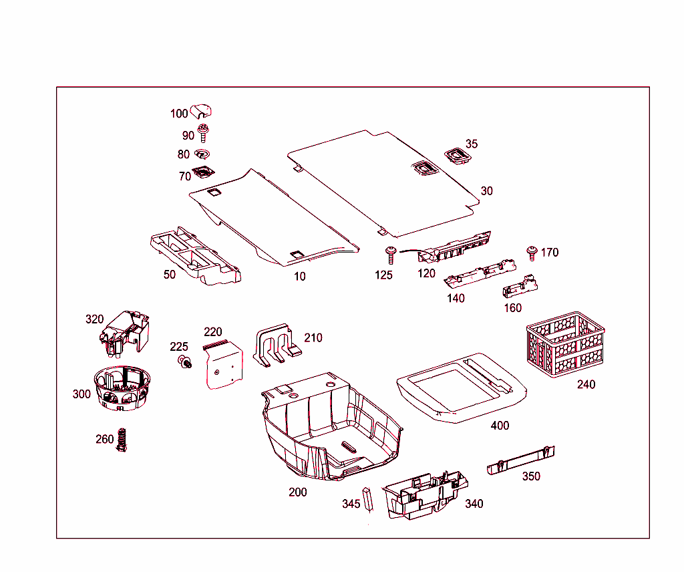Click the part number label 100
179,114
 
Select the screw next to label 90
204,134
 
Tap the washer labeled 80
203,155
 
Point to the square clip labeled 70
202,174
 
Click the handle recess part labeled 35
458,156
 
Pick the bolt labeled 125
389,255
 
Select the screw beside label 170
532,253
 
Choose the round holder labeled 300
121,388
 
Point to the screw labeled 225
183,362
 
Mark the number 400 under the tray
500,426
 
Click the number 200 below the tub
297,492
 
